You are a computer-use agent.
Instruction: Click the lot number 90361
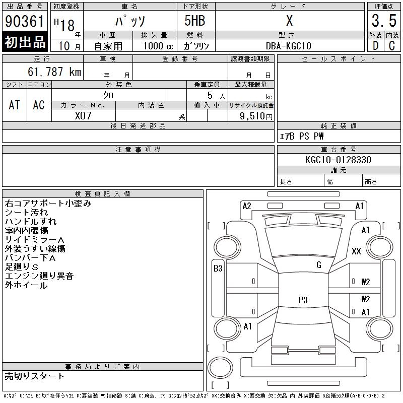pyautogui.click(x=25, y=22)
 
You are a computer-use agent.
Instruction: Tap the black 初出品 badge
pyautogui.click(x=25, y=42)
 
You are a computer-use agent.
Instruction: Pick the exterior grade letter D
pyautogui.click(x=375, y=46)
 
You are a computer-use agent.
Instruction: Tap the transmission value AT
pyautogui.click(x=15, y=105)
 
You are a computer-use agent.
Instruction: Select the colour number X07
pyautogui.click(x=84, y=115)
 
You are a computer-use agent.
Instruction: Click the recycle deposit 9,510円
pyautogui.click(x=256, y=115)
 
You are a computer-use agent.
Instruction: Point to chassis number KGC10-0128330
pyautogui.click(x=338, y=160)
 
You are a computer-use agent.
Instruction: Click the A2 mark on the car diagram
pyautogui.click(x=247, y=206)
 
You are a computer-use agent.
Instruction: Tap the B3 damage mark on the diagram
pyautogui.click(x=218, y=268)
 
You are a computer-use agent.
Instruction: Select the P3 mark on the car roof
pyautogui.click(x=303, y=300)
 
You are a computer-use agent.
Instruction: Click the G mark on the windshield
pyautogui.click(x=318, y=265)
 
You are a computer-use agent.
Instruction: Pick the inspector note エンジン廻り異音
pyautogui.click(x=39, y=276)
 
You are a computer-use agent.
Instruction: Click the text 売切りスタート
pyautogui.click(x=35, y=376)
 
